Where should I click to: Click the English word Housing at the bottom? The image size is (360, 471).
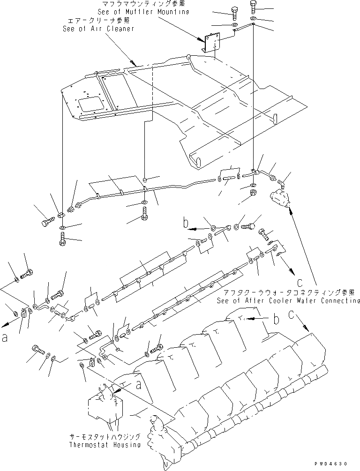coord(127,445)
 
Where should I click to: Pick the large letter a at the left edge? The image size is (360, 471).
coord(5,338)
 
